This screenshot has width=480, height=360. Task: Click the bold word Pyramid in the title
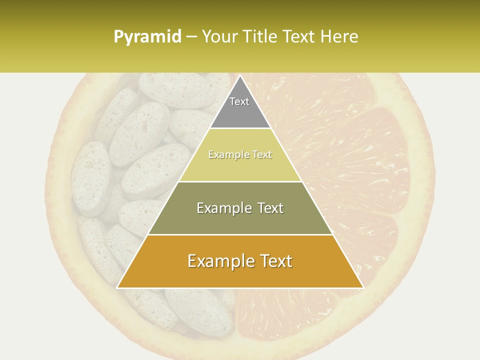click(x=147, y=37)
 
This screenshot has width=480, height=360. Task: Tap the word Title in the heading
click(x=263, y=36)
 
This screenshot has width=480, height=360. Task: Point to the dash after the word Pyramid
click(x=191, y=37)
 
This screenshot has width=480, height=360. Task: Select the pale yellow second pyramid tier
click(x=240, y=167)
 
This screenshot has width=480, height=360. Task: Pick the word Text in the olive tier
click(x=267, y=208)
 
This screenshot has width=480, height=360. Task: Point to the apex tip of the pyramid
click(x=240, y=76)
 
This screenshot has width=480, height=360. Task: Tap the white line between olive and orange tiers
click(x=240, y=234)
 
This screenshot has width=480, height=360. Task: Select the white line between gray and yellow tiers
click(x=240, y=128)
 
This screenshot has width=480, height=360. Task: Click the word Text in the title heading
click(x=300, y=36)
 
